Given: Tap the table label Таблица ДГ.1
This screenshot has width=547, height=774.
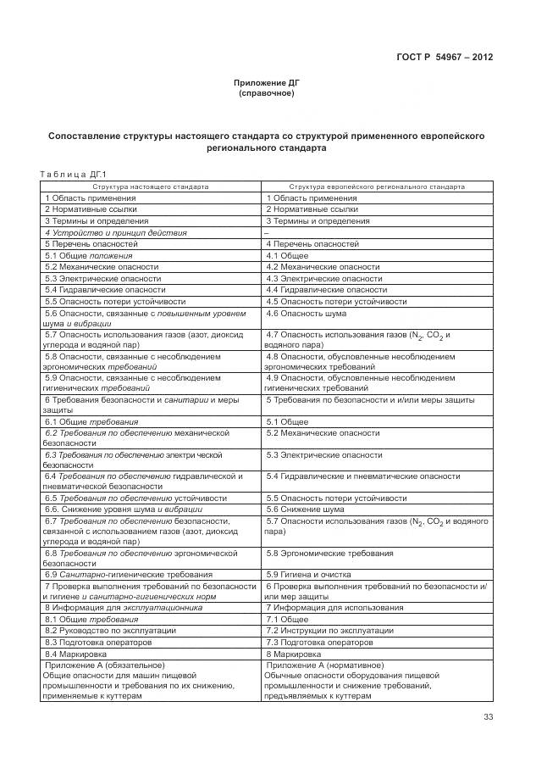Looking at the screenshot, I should click(x=68, y=175).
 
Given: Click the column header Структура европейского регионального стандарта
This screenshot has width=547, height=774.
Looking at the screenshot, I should click(x=376, y=187).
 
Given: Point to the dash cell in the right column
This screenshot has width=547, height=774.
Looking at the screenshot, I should click(x=267, y=232).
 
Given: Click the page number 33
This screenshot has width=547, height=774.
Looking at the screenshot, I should click(x=488, y=717).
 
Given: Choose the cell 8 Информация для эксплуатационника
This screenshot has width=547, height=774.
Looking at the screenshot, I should click(x=124, y=608).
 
